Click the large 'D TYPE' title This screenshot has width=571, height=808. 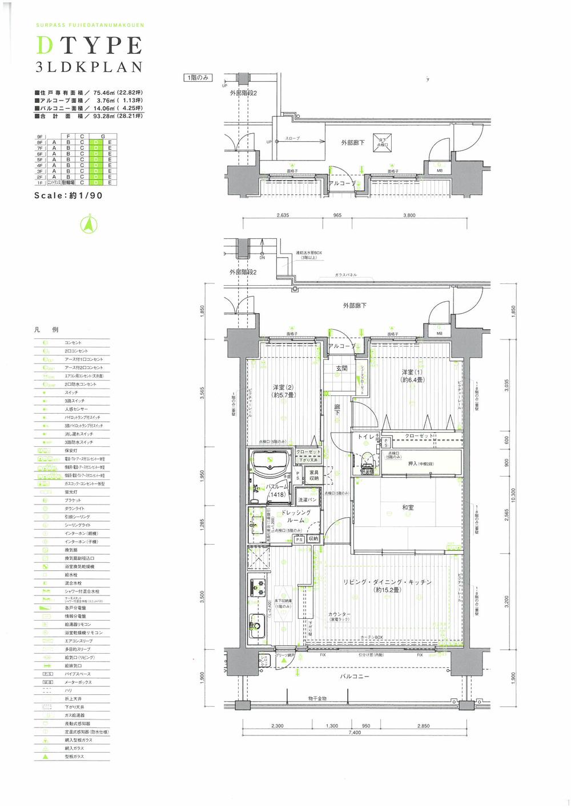(89, 45)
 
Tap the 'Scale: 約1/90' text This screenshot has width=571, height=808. (69, 195)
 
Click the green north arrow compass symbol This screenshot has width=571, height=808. (89, 225)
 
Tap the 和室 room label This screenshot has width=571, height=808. (408, 507)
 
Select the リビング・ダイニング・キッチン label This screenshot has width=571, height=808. (387, 582)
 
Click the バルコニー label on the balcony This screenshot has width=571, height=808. (355, 677)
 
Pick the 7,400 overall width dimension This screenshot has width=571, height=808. (354, 732)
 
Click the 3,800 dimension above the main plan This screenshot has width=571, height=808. (409, 215)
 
